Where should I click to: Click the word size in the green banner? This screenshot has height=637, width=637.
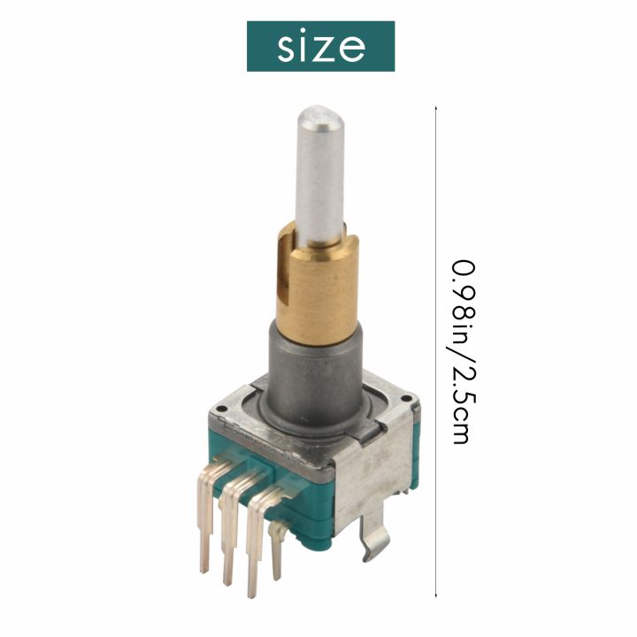pos(320,46)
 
